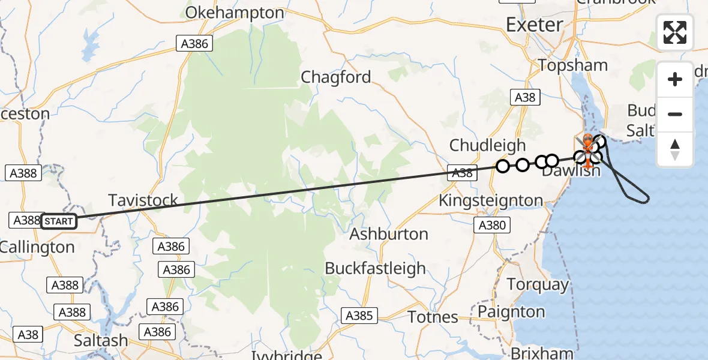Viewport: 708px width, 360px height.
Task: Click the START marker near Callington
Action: pos(59,221)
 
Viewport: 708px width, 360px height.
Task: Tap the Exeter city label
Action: pos(535,25)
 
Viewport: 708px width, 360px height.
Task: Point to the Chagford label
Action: pos(335,77)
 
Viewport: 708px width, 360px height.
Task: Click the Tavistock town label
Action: pos(143,200)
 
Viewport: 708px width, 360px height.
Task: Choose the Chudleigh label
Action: pos(487,145)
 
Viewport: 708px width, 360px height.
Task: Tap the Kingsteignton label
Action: pos(491,200)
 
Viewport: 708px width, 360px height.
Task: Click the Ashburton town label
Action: pos(389,233)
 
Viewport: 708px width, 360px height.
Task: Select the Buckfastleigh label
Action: pos(375,268)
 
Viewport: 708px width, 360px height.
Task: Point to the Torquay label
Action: pos(538,284)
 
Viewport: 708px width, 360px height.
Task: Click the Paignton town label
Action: pos(511,312)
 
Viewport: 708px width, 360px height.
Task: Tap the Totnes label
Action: pos(433,317)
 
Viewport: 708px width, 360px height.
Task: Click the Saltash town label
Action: pos(101,340)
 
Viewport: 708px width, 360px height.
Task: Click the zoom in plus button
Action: pos(675,79)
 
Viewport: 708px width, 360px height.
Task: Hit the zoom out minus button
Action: pos(675,114)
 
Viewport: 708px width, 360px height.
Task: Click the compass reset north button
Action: pos(675,149)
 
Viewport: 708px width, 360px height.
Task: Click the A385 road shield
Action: pos(359,316)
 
